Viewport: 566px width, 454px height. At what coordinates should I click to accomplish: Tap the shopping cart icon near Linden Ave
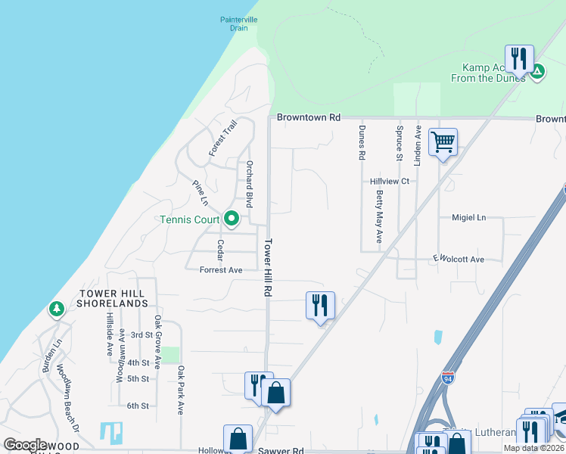pos(443,141)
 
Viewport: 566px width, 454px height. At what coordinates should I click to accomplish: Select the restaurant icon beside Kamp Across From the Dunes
pos(519,58)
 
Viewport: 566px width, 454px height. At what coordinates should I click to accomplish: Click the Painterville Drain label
pos(240,24)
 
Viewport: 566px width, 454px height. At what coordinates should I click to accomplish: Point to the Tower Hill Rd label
pos(268,268)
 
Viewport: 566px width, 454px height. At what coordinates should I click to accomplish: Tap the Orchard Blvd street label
pos(247,184)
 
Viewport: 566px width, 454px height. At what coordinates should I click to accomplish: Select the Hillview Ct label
pos(389,182)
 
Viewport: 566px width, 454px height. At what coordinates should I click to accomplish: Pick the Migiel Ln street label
pos(468,217)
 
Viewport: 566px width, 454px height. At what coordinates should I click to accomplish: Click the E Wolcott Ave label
pos(458,260)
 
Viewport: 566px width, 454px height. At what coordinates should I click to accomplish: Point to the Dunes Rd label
pos(362,141)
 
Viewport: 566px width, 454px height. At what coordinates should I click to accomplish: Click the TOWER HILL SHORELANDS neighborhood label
pos(111,298)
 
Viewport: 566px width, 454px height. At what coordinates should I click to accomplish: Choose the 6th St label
pos(138,406)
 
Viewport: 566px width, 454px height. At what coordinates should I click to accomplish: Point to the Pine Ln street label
pos(200,192)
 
